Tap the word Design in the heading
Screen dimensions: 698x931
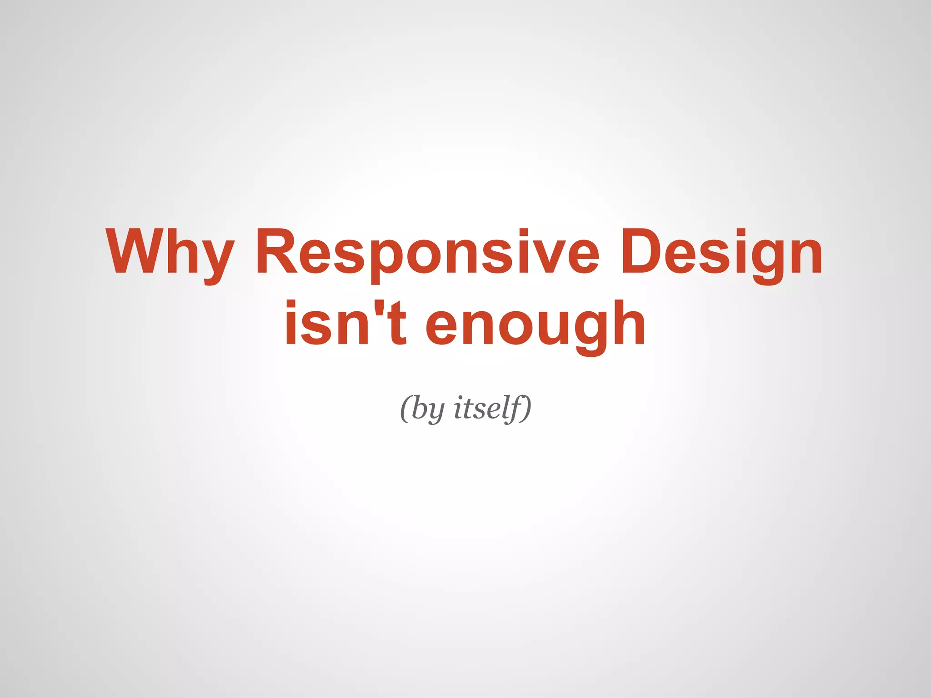721,252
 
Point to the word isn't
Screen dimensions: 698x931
345,324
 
